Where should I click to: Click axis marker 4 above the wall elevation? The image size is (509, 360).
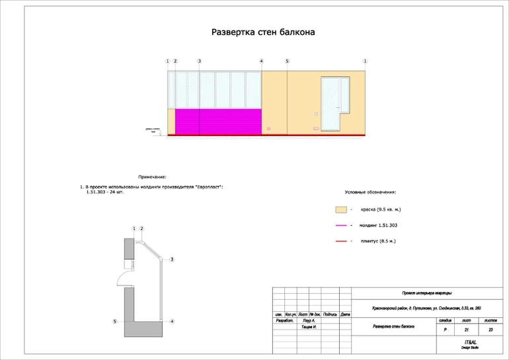tap(262, 61)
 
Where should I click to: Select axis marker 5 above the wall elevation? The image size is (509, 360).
tap(287, 61)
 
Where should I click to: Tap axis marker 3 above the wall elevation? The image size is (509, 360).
tap(199, 61)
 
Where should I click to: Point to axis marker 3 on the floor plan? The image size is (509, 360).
tap(172, 260)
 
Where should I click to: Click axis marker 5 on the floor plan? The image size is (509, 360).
tap(115, 322)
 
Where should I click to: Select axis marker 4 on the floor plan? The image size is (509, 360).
tap(172, 322)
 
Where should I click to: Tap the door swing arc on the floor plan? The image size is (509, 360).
tap(122, 277)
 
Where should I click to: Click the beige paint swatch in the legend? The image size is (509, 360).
tap(341, 209)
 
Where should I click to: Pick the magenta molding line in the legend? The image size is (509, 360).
tap(341, 225)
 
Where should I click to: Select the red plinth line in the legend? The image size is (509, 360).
tap(341, 241)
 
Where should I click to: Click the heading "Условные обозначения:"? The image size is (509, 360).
tap(370, 192)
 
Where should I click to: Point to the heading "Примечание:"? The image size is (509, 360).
tap(152, 177)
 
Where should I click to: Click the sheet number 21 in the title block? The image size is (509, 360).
tap(467, 329)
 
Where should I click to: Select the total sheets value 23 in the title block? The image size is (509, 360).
tap(490, 329)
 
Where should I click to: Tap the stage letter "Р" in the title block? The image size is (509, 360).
tap(445, 329)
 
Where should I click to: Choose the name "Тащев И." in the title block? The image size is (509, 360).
tap(308, 328)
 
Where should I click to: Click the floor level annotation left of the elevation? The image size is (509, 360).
tap(154, 131)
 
